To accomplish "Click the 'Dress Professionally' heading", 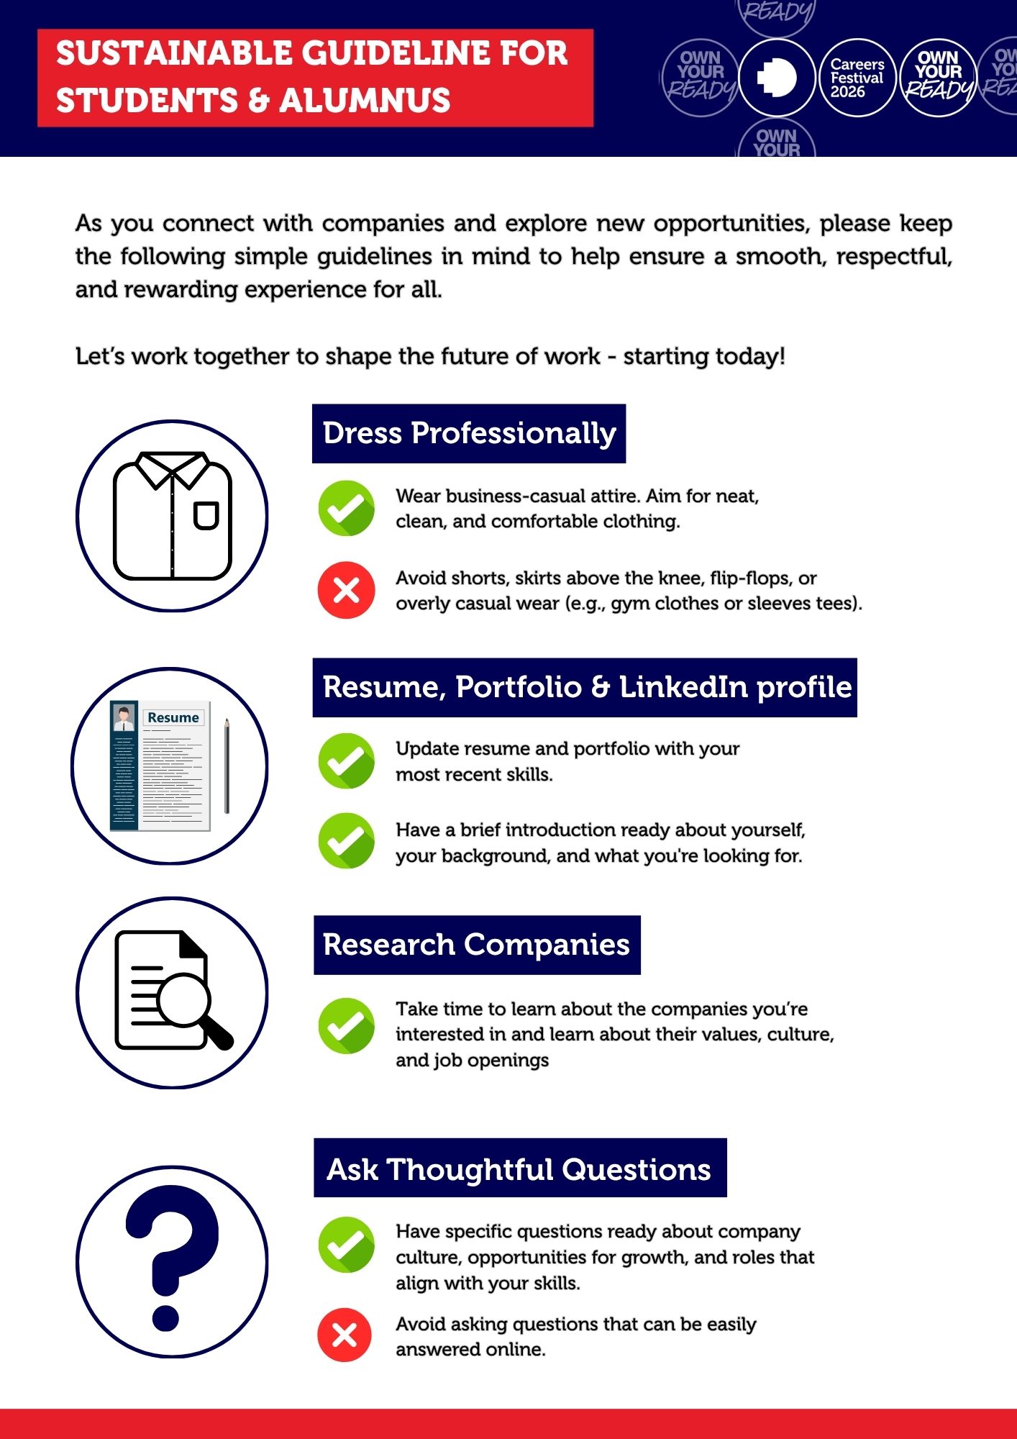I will point(469,434).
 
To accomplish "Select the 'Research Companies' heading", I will point(476,945).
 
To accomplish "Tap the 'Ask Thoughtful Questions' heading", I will point(519,1169).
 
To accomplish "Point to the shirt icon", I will point(173,516).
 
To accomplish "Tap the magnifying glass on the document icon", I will point(185,1000).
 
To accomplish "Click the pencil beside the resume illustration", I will point(227,766).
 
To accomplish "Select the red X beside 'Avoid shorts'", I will point(347,590).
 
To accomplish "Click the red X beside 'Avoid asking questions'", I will point(345,1335).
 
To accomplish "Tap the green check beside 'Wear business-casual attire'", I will point(347,508).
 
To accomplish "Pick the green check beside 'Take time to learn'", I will point(347,1025).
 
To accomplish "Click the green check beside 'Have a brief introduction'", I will point(347,840).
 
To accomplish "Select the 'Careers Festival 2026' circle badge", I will point(857,78).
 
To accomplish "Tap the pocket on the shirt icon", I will point(206,515).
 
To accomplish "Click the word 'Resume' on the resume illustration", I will point(173,717).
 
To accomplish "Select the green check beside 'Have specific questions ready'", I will point(347,1245).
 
